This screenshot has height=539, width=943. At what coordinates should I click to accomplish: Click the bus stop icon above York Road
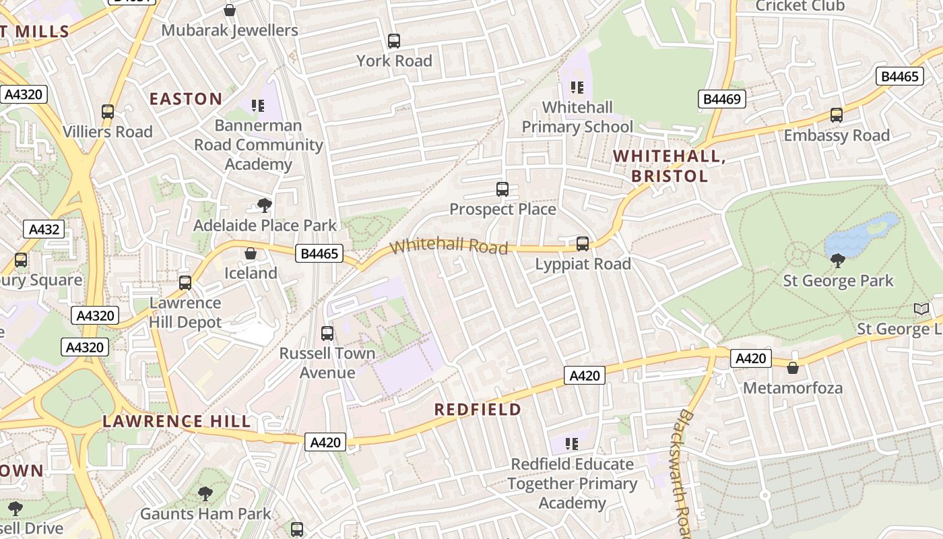click(x=394, y=41)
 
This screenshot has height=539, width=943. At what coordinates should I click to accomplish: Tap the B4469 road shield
click(x=721, y=100)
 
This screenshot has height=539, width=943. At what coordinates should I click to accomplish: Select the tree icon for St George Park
click(x=838, y=260)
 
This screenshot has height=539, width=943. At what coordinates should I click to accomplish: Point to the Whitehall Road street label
click(x=449, y=245)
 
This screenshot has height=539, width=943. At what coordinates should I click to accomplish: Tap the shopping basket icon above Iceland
click(x=251, y=253)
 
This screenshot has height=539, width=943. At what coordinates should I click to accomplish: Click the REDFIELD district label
click(x=478, y=410)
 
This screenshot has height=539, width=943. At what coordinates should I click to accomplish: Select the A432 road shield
click(x=44, y=229)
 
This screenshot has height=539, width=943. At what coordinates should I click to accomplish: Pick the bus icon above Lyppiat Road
click(x=583, y=243)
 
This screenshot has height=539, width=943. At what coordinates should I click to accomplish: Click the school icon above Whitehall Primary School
click(x=577, y=88)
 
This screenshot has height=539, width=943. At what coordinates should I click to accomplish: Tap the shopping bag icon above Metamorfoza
click(x=793, y=368)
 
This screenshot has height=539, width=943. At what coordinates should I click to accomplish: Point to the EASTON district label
click(x=186, y=99)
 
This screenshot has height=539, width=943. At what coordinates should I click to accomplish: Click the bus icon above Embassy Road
click(x=837, y=115)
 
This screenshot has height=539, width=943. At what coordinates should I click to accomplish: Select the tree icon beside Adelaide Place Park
click(x=265, y=205)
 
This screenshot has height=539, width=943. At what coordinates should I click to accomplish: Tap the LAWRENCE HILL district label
click(x=176, y=422)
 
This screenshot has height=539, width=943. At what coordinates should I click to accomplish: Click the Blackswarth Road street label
click(x=686, y=472)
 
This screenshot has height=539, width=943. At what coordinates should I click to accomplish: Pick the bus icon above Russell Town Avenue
click(x=327, y=333)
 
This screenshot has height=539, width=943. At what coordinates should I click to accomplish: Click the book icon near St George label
click(x=921, y=309)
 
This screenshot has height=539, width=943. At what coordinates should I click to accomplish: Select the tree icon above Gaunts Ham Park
click(x=205, y=495)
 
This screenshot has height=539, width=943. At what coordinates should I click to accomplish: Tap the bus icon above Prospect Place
click(x=502, y=189)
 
